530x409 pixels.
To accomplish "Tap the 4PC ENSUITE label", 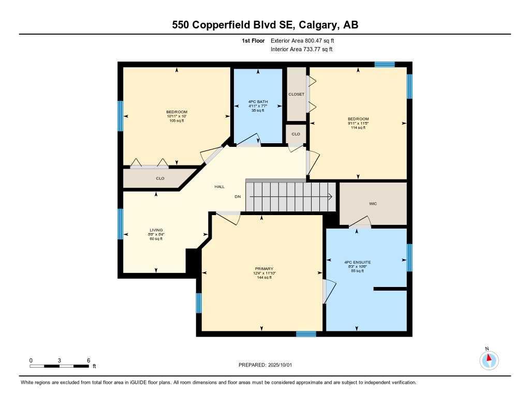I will pyautogui.click(x=357, y=262).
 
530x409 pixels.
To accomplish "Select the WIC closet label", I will pyautogui.click(x=373, y=204).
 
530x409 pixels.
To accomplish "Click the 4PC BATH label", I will pyautogui.click(x=257, y=101).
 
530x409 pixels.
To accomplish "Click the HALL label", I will pyautogui.click(x=219, y=187).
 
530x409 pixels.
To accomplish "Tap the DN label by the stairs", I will pyautogui.click(x=238, y=196).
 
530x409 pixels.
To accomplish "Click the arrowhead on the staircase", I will pyautogui.click(x=330, y=196).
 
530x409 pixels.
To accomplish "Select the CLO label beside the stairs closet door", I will pyautogui.click(x=296, y=134).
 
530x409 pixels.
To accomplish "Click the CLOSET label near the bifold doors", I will pyautogui.click(x=297, y=94).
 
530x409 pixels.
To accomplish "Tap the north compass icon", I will pyautogui.click(x=489, y=359).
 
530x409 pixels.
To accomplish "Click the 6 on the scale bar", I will pyautogui.click(x=89, y=360).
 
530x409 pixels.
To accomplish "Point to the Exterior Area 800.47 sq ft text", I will pyautogui.click(x=306, y=40).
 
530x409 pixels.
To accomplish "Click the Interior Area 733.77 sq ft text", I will pyautogui.click(x=301, y=50).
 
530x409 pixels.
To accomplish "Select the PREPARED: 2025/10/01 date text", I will pyautogui.click(x=265, y=365).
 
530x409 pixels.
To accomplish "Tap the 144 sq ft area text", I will pyautogui.click(x=264, y=278).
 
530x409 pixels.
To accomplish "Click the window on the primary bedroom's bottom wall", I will pyautogui.click(x=306, y=334).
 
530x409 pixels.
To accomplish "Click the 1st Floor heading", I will pyautogui.click(x=253, y=40).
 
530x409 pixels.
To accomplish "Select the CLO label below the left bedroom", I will pyautogui.click(x=160, y=178).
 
